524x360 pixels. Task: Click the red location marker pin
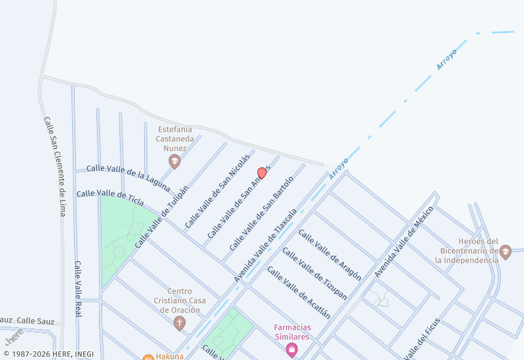pyautogui.click(x=262, y=173)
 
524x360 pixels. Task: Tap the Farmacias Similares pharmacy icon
pyautogui.click(x=291, y=351)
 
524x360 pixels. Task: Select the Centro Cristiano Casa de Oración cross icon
pyautogui.click(x=179, y=323)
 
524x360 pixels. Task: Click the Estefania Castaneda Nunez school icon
pyautogui.click(x=174, y=161)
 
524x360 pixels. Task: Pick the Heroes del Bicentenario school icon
pyautogui.click(x=505, y=251)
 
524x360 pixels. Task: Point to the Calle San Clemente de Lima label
pyautogui.click(x=55, y=167)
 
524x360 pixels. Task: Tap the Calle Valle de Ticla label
pyautogui.click(x=109, y=195)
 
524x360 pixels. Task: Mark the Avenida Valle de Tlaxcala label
pyautogui.click(x=266, y=245)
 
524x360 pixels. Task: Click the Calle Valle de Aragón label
pyautogui.click(x=329, y=255)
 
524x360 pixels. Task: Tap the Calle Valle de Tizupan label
pyautogui.click(x=314, y=274)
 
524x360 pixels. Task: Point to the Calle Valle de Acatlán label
pyautogui.click(x=298, y=292)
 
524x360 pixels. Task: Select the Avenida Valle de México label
pyautogui.click(x=404, y=242)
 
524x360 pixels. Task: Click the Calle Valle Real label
pyautogui.click(x=78, y=289)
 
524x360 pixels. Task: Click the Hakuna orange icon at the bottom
pyautogui.click(x=148, y=357)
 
